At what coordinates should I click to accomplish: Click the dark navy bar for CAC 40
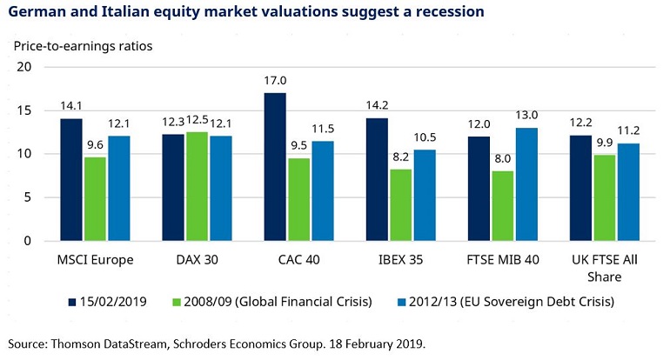click(274, 167)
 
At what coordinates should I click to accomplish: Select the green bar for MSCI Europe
click(94, 199)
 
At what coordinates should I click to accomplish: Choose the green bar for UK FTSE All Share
click(605, 197)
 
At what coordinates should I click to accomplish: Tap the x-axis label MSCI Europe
click(94, 260)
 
